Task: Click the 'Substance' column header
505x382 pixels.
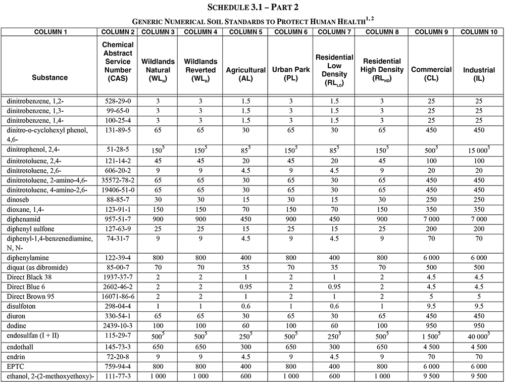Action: [49, 78]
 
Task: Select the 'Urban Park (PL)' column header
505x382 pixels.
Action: [290, 74]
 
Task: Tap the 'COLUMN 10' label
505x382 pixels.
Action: [479, 32]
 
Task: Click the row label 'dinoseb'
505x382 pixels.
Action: [19, 200]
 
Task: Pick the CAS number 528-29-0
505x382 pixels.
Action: [118, 101]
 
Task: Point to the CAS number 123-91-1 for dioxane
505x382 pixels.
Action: [118, 209]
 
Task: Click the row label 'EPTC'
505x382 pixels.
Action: [16, 367]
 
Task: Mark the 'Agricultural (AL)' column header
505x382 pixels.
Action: [245, 74]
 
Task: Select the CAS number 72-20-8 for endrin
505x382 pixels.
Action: [118, 357]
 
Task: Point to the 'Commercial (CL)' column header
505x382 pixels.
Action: [431, 74]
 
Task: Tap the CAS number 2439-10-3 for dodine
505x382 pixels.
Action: [118, 325]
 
